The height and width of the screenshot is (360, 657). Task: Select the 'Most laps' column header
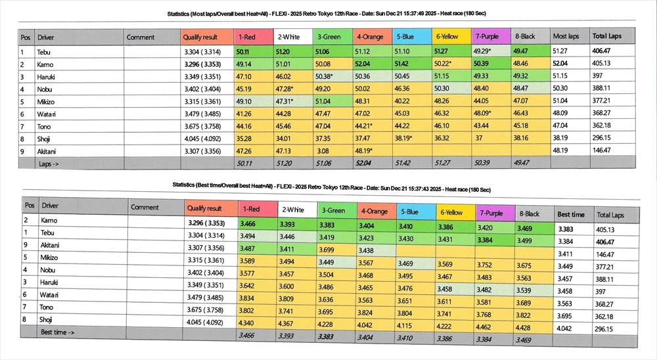pyautogui.click(x=564, y=36)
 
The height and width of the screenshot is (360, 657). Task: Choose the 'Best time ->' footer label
pyautogui.click(x=58, y=332)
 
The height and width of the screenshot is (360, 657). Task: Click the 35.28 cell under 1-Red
pyautogui.click(x=244, y=138)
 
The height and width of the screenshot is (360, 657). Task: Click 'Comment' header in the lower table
pyautogui.click(x=145, y=207)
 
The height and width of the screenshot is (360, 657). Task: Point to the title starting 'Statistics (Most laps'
pyautogui.click(x=328, y=13)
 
